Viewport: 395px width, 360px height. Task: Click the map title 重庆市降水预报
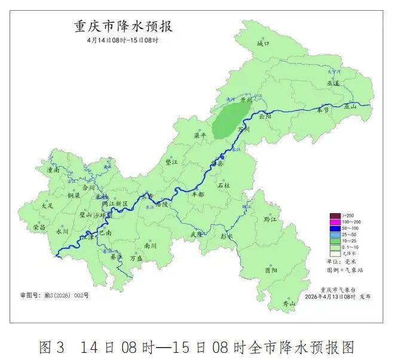tap(123, 27)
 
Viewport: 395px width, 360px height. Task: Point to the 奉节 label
tap(323, 110)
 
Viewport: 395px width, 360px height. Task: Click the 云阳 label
tap(265, 117)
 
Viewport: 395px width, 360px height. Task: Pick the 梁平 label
tap(200, 136)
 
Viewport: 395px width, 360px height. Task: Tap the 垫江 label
tap(172, 162)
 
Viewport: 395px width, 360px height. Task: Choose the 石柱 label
tap(223, 186)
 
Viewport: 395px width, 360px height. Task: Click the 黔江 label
tap(270, 219)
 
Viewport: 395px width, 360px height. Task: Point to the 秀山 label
tap(289, 304)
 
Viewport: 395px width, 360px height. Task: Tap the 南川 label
tap(150, 245)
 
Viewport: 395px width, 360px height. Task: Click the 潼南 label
tap(53, 170)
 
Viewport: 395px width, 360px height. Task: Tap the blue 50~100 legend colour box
tap(333, 228)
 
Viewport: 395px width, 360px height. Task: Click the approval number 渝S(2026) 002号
tap(54, 295)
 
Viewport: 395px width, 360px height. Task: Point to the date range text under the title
tap(123, 40)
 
